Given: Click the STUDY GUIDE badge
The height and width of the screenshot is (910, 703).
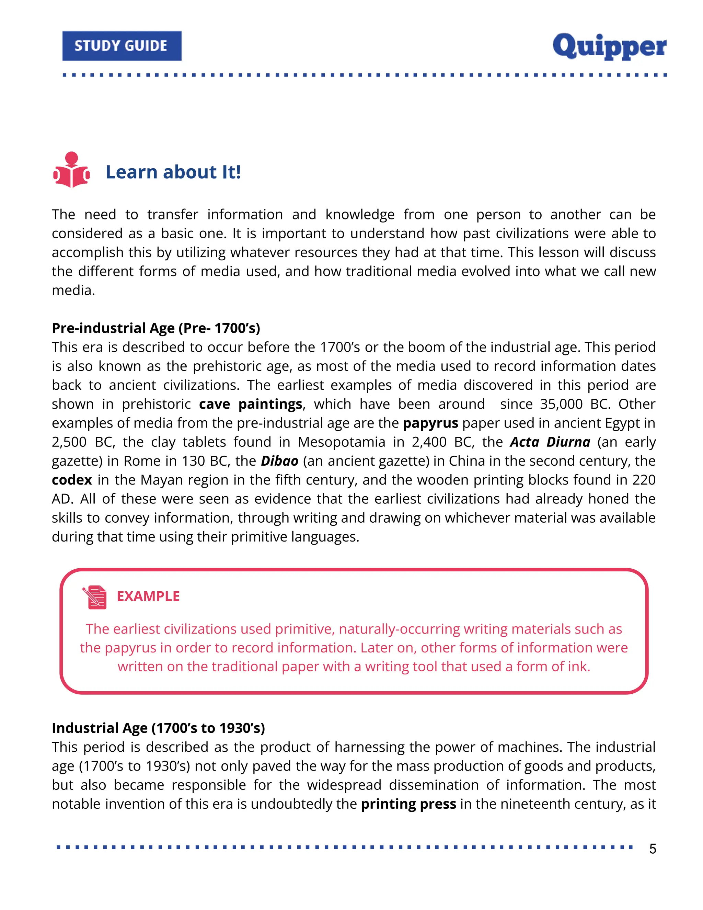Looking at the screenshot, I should [122, 46].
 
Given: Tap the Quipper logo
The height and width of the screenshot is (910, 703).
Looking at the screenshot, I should [609, 47].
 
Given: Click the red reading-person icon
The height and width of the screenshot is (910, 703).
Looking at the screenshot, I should [71, 170].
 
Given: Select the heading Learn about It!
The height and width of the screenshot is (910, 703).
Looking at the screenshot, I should [173, 172].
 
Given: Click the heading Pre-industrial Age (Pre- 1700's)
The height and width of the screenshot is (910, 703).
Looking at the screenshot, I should [156, 328].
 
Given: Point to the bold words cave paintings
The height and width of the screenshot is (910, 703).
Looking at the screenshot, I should [250, 404].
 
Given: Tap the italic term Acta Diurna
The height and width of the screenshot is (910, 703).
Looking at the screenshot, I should [550, 442].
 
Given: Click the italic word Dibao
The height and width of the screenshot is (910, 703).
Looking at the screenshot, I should [279, 461].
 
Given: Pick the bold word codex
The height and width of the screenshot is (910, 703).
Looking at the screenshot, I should [72, 480].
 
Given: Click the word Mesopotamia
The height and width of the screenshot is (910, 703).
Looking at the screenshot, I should [342, 442].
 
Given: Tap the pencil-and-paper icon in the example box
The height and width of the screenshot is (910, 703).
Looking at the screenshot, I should [95, 597].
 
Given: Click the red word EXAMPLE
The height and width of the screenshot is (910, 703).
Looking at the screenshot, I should [148, 596].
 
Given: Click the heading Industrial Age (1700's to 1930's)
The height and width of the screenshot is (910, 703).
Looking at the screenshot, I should [158, 728].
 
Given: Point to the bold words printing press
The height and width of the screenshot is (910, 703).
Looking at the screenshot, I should [408, 804].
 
